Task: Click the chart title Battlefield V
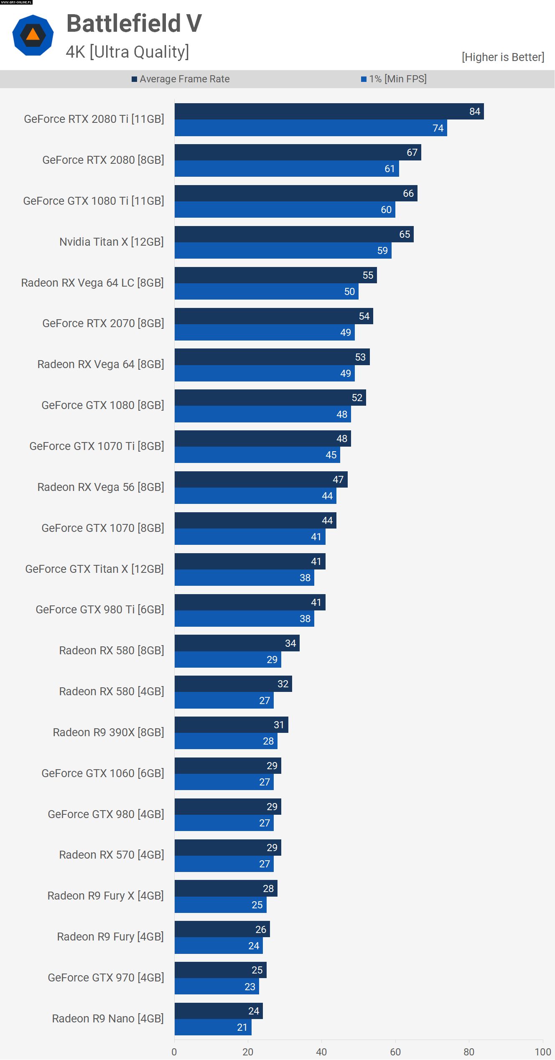tap(134, 23)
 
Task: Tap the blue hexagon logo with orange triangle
tap(33, 35)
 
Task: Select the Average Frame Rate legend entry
tap(181, 79)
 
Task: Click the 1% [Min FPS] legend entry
tap(394, 79)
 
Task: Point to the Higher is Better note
tap(503, 57)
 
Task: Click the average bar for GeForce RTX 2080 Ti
tap(329, 112)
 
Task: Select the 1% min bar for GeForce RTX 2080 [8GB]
tap(287, 169)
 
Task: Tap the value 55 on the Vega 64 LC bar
tap(368, 275)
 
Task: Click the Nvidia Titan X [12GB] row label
tap(111, 242)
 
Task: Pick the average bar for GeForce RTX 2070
tap(274, 316)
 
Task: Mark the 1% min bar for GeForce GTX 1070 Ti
tap(257, 455)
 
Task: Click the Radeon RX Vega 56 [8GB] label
tap(100, 487)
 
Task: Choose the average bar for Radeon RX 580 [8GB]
tap(237, 643)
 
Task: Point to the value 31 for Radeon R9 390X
tap(279, 725)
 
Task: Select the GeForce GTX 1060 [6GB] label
tap(102, 773)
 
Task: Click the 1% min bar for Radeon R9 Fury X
tap(220, 905)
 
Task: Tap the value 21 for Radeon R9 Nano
tap(242, 1027)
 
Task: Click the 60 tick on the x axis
tap(395, 1052)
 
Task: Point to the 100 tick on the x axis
tap(542, 1052)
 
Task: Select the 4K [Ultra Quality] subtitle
tap(127, 52)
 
